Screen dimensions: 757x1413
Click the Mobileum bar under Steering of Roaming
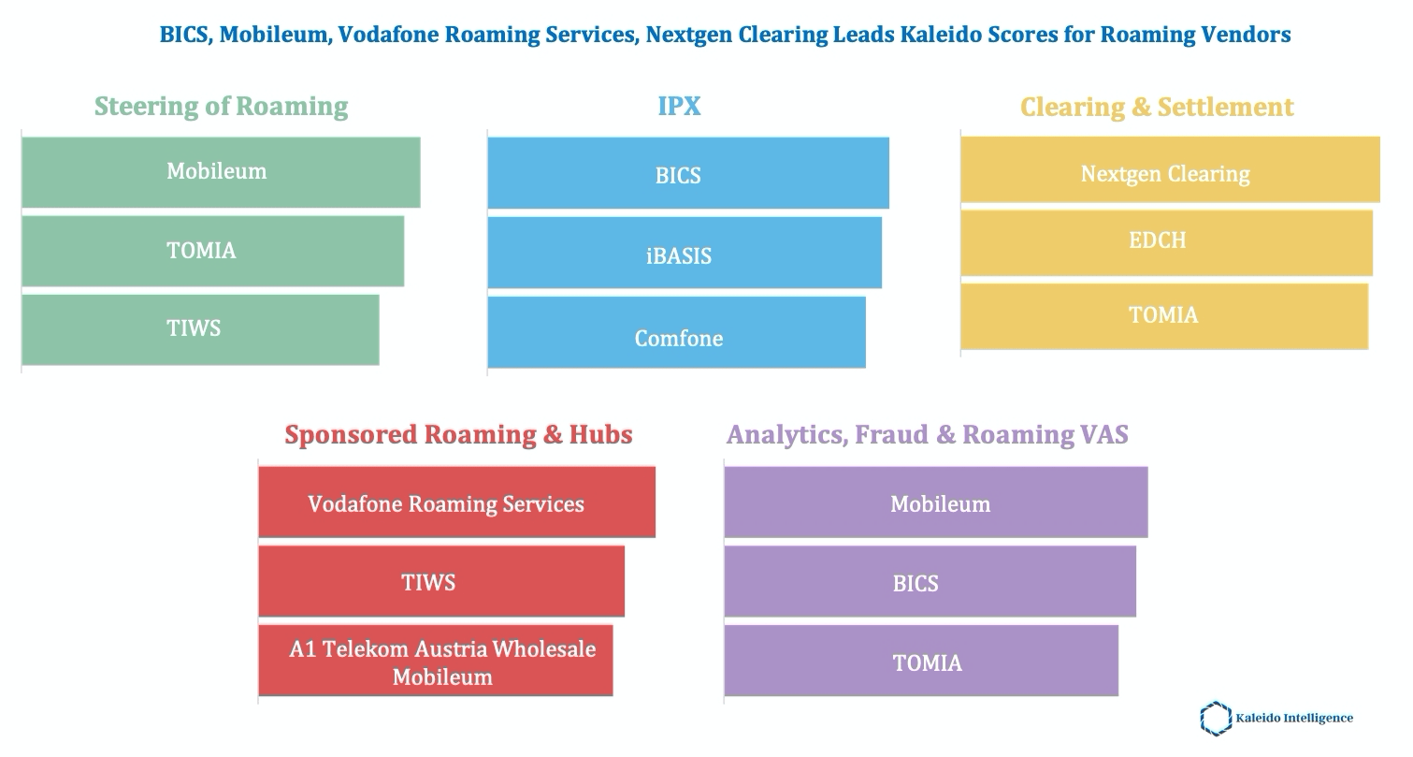tap(221, 172)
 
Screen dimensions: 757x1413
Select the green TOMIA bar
tap(212, 251)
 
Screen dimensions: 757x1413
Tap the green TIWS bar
tap(200, 329)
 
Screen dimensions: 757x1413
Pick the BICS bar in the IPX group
tap(687, 173)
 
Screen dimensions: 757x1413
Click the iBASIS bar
tap(684, 253)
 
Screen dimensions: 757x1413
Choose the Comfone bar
tap(676, 332)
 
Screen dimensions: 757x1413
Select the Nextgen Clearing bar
tap(1170, 169)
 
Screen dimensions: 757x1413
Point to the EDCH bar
tap(1166, 242)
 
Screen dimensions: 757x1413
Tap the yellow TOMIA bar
tap(1164, 316)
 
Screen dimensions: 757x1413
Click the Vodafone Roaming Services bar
tap(456, 502)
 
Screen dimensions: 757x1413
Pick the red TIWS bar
tap(440, 581)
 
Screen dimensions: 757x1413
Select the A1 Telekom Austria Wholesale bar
tap(435, 661)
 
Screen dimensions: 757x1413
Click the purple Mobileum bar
tap(935, 502)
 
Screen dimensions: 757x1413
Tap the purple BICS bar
tap(930, 581)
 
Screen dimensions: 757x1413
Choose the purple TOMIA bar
tap(921, 661)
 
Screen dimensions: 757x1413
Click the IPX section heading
tap(679, 106)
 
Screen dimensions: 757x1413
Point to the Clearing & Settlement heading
tap(1157, 107)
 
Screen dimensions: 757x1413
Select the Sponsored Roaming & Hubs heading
tap(458, 434)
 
